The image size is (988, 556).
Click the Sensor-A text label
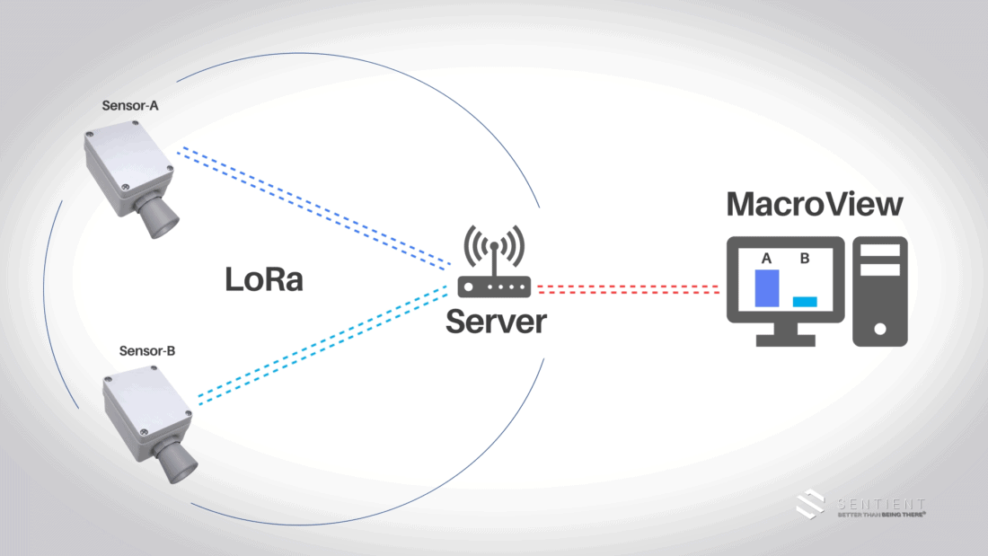tap(130, 106)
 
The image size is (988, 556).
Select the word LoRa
tap(264, 279)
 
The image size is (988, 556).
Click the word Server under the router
tap(496, 321)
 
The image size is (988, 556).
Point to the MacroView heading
tap(814, 204)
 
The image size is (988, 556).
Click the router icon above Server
tap(495, 287)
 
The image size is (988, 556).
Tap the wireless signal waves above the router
tap(494, 246)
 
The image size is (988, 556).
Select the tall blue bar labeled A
tap(766, 288)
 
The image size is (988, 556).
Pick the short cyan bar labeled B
tap(805, 302)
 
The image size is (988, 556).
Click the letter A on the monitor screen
tap(766, 259)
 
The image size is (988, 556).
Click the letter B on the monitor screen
tap(805, 259)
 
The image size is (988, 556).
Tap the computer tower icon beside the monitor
tap(879, 291)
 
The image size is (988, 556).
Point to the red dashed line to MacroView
tap(629, 289)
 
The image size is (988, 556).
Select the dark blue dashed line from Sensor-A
tap(314, 207)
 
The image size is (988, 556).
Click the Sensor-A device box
tap(126, 166)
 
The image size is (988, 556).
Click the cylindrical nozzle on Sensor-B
tap(171, 459)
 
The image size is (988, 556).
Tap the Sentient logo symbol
tap(811, 504)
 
